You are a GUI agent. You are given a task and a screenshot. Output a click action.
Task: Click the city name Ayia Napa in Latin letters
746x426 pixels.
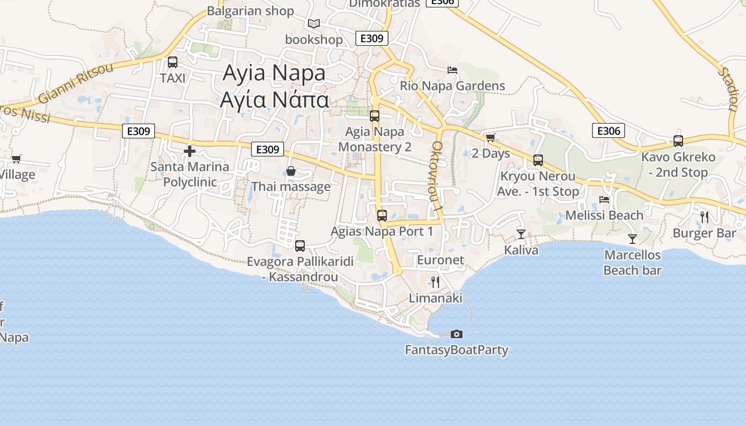274,73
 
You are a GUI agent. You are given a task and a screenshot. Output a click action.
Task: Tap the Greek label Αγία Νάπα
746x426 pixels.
274,100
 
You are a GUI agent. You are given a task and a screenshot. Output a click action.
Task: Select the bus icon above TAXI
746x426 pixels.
173,62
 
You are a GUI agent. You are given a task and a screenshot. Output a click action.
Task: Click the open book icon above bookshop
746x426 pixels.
314,24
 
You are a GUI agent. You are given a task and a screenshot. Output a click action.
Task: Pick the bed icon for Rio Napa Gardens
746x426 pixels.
452,70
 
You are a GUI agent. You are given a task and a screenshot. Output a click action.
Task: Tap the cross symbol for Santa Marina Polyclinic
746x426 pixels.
190,151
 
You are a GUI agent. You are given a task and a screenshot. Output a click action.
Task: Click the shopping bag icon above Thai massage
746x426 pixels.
291,171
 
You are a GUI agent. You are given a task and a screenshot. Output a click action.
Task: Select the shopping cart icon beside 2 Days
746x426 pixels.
490,137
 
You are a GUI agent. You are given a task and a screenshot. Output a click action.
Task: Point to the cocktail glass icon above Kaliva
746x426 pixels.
521,234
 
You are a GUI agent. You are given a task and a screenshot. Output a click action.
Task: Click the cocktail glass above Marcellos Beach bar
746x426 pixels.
633,239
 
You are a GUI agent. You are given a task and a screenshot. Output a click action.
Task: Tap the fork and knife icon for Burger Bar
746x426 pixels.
704,217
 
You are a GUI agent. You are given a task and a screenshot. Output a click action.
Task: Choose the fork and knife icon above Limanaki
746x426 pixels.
435,282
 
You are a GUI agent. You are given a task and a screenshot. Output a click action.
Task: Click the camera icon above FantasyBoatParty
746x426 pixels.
457,334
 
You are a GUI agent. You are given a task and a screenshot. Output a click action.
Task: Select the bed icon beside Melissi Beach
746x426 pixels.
604,200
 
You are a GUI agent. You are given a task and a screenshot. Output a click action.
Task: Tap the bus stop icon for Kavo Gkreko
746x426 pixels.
678,141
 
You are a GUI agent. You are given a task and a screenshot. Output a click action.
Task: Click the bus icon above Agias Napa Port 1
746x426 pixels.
382,216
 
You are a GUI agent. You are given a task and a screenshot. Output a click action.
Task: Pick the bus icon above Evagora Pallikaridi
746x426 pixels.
300,245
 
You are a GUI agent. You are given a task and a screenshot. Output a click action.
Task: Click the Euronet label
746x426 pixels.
441,260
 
